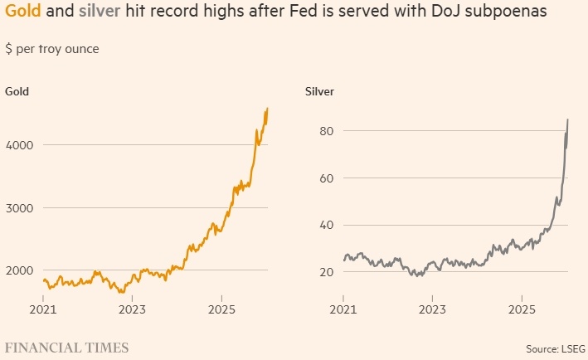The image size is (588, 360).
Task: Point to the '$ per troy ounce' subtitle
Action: pos(52,49)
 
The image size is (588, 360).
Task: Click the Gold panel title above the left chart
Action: pos(17,91)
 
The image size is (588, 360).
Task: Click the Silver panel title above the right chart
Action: pos(319,91)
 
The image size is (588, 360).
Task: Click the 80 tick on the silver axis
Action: pos(326,131)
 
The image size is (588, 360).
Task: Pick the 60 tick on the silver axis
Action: pos(326,178)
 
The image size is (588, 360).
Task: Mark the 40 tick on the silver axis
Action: pos(326,225)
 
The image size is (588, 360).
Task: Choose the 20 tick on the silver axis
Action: pos(326,272)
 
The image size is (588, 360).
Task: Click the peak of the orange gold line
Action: pos(267,108)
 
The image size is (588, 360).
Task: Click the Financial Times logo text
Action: pos(67,348)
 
